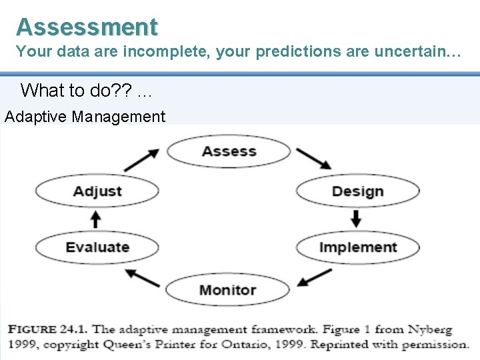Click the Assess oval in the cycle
[229, 151]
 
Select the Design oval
[357, 191]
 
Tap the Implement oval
[357, 247]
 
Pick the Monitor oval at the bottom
[227, 290]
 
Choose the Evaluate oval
[97, 247]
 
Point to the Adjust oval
[97, 191]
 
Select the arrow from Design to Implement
[356, 219]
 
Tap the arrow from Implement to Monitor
[315, 277]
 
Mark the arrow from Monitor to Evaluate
[142, 278]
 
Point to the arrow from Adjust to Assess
[142, 160]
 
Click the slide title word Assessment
[87, 27]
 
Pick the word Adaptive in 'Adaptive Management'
[36, 117]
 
